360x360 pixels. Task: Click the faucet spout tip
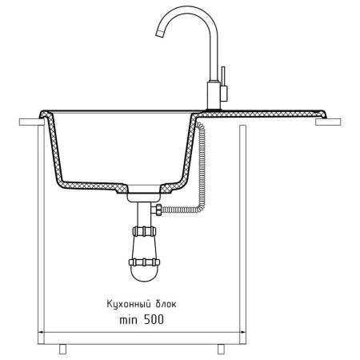coord(159,34)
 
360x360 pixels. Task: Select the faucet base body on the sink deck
coord(214,95)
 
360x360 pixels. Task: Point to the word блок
coord(166,304)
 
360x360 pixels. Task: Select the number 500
coord(154,319)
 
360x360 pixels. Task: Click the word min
coord(129,320)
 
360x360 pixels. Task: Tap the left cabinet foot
coord(62,349)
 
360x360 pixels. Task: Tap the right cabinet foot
coord(221,349)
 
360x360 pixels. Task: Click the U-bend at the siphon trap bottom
coord(144,274)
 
